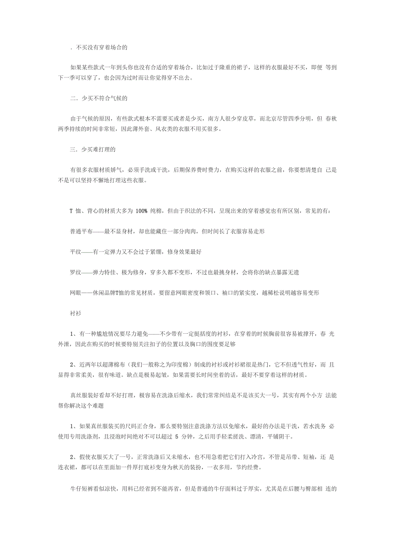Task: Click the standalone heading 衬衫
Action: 75,314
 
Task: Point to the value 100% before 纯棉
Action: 141,211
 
